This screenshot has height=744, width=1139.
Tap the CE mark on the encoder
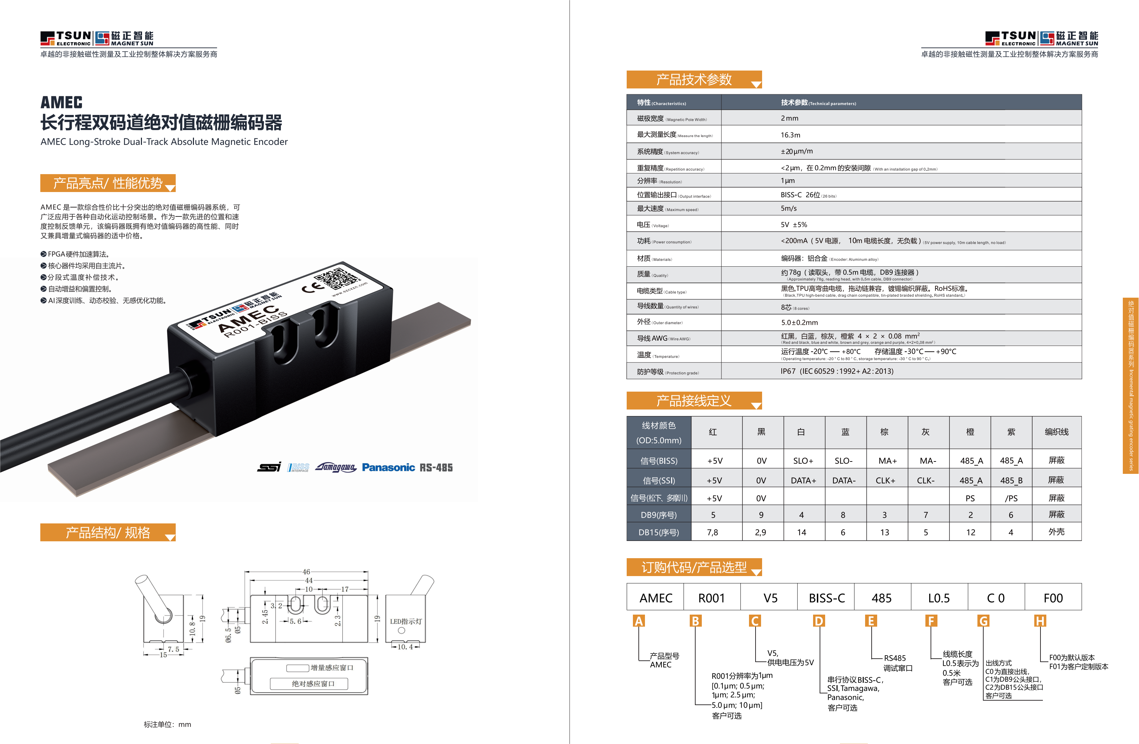click(310, 287)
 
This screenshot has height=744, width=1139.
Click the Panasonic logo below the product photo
click(388, 467)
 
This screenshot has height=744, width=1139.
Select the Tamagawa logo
click(336, 467)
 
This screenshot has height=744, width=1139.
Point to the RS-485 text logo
click(436, 468)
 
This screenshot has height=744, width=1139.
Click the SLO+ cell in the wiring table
click(803, 460)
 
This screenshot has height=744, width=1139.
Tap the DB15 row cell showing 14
click(802, 532)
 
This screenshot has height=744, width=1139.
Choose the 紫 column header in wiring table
click(1011, 432)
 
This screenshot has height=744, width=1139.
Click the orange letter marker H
click(1039, 621)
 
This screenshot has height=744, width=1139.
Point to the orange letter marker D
click(819, 621)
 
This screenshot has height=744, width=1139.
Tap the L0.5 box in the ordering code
click(938, 598)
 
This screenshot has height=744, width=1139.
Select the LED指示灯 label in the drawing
click(406, 621)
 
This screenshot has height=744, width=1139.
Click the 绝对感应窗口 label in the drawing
click(313, 684)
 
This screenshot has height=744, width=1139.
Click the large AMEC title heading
click(61, 102)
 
